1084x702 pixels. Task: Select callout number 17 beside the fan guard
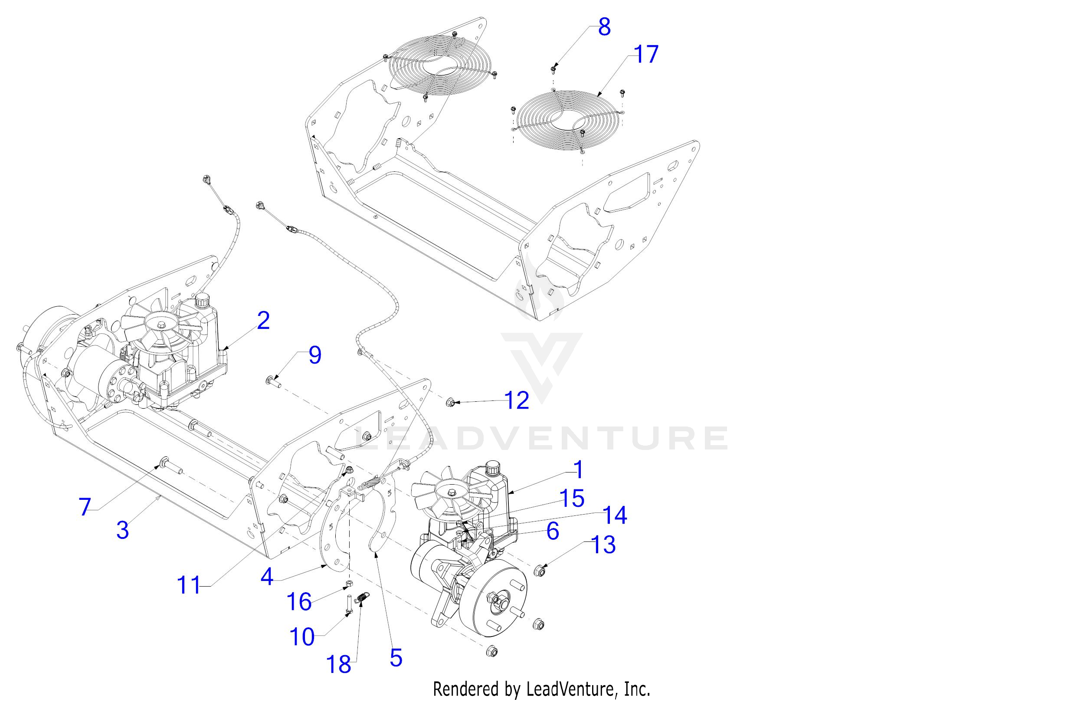click(646, 54)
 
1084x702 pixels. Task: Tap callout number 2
click(263, 321)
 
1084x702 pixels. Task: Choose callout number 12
click(517, 400)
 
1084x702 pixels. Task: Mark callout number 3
click(122, 529)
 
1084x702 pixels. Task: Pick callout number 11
click(189, 585)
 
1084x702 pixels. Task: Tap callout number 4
click(267, 577)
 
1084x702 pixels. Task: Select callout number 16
click(299, 601)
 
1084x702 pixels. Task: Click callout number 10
click(302, 636)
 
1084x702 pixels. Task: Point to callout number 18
click(338, 664)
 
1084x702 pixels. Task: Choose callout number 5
click(396, 658)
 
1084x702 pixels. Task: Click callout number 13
click(603, 545)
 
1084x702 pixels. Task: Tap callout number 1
click(579, 470)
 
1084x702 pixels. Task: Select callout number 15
click(573, 499)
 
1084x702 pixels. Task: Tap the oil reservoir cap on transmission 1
click(493, 467)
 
